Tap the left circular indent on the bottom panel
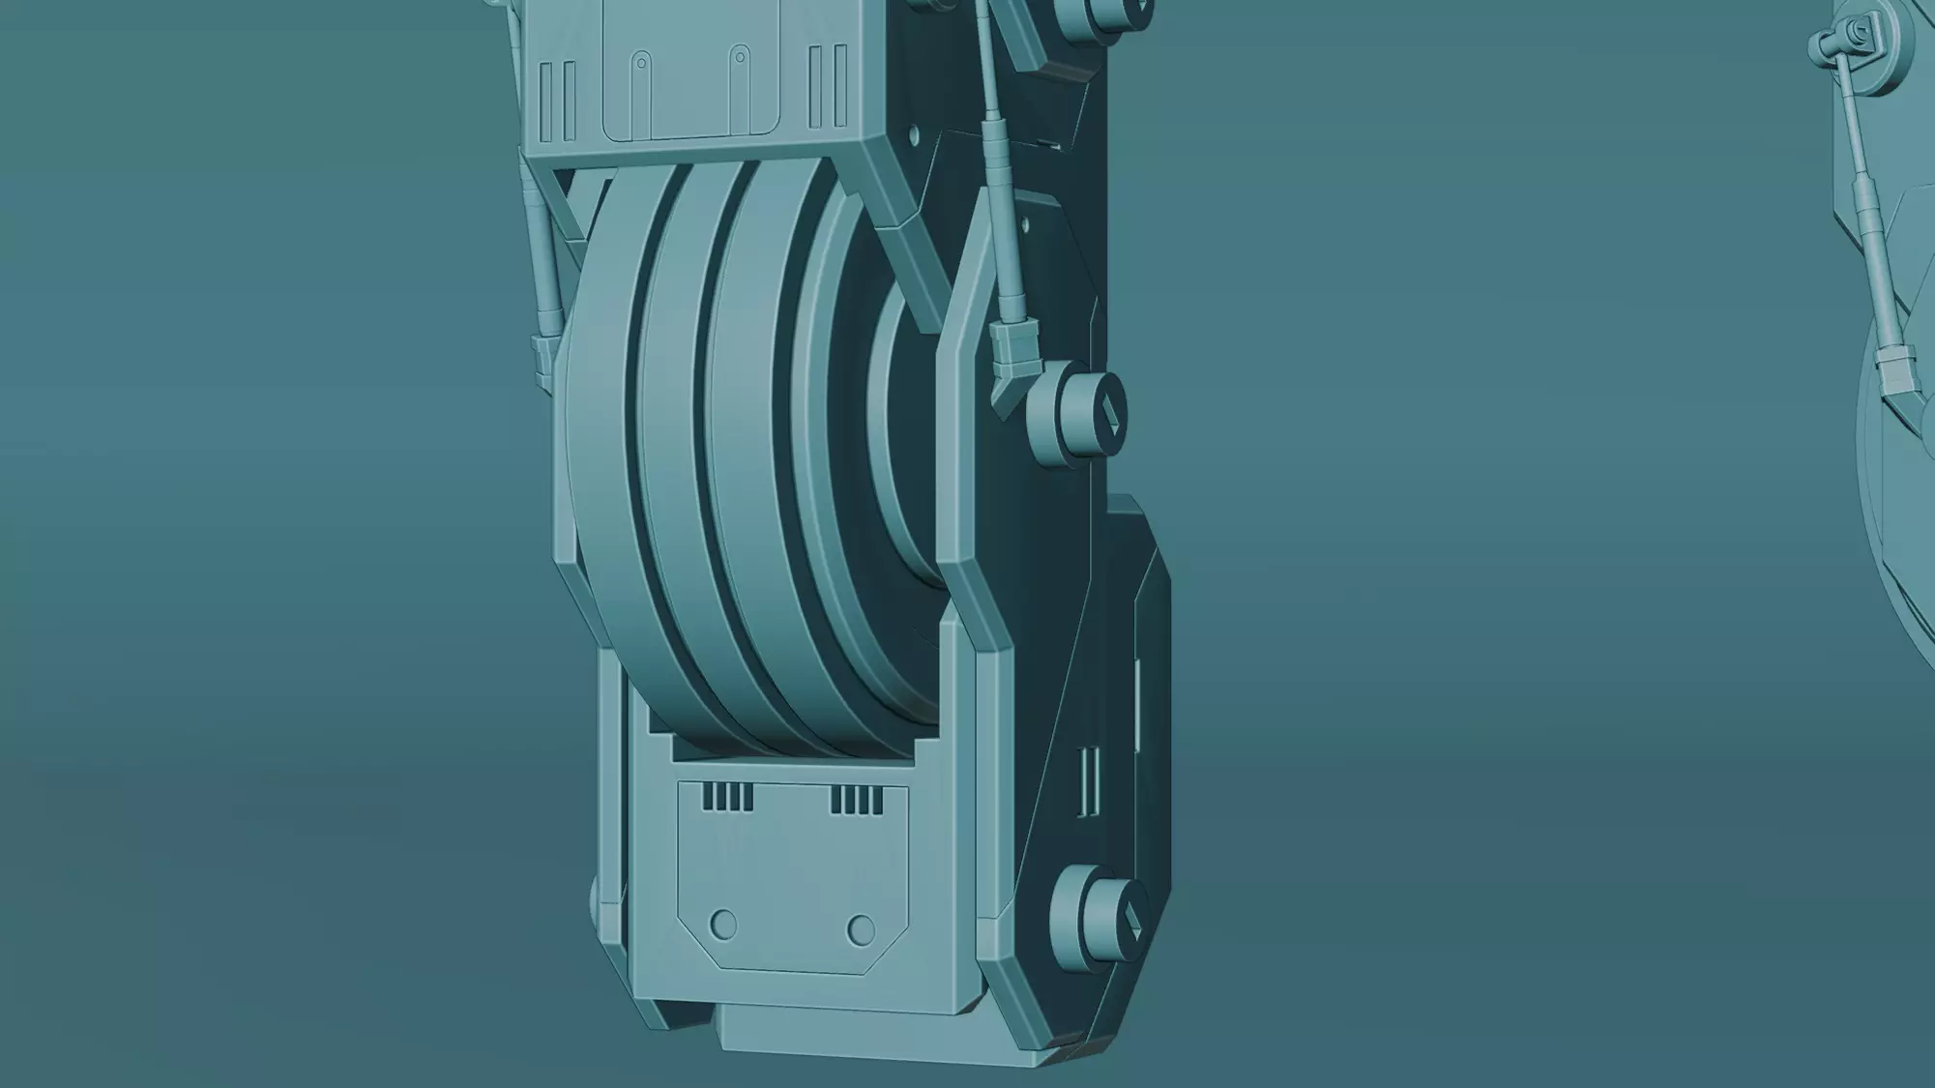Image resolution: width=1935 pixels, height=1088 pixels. [x=722, y=924]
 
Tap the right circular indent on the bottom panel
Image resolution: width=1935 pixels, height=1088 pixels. [x=861, y=930]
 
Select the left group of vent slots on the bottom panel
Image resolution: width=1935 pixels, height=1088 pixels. [x=727, y=797]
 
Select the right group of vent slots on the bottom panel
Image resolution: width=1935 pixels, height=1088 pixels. [x=857, y=800]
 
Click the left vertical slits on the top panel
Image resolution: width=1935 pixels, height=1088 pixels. [x=557, y=101]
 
